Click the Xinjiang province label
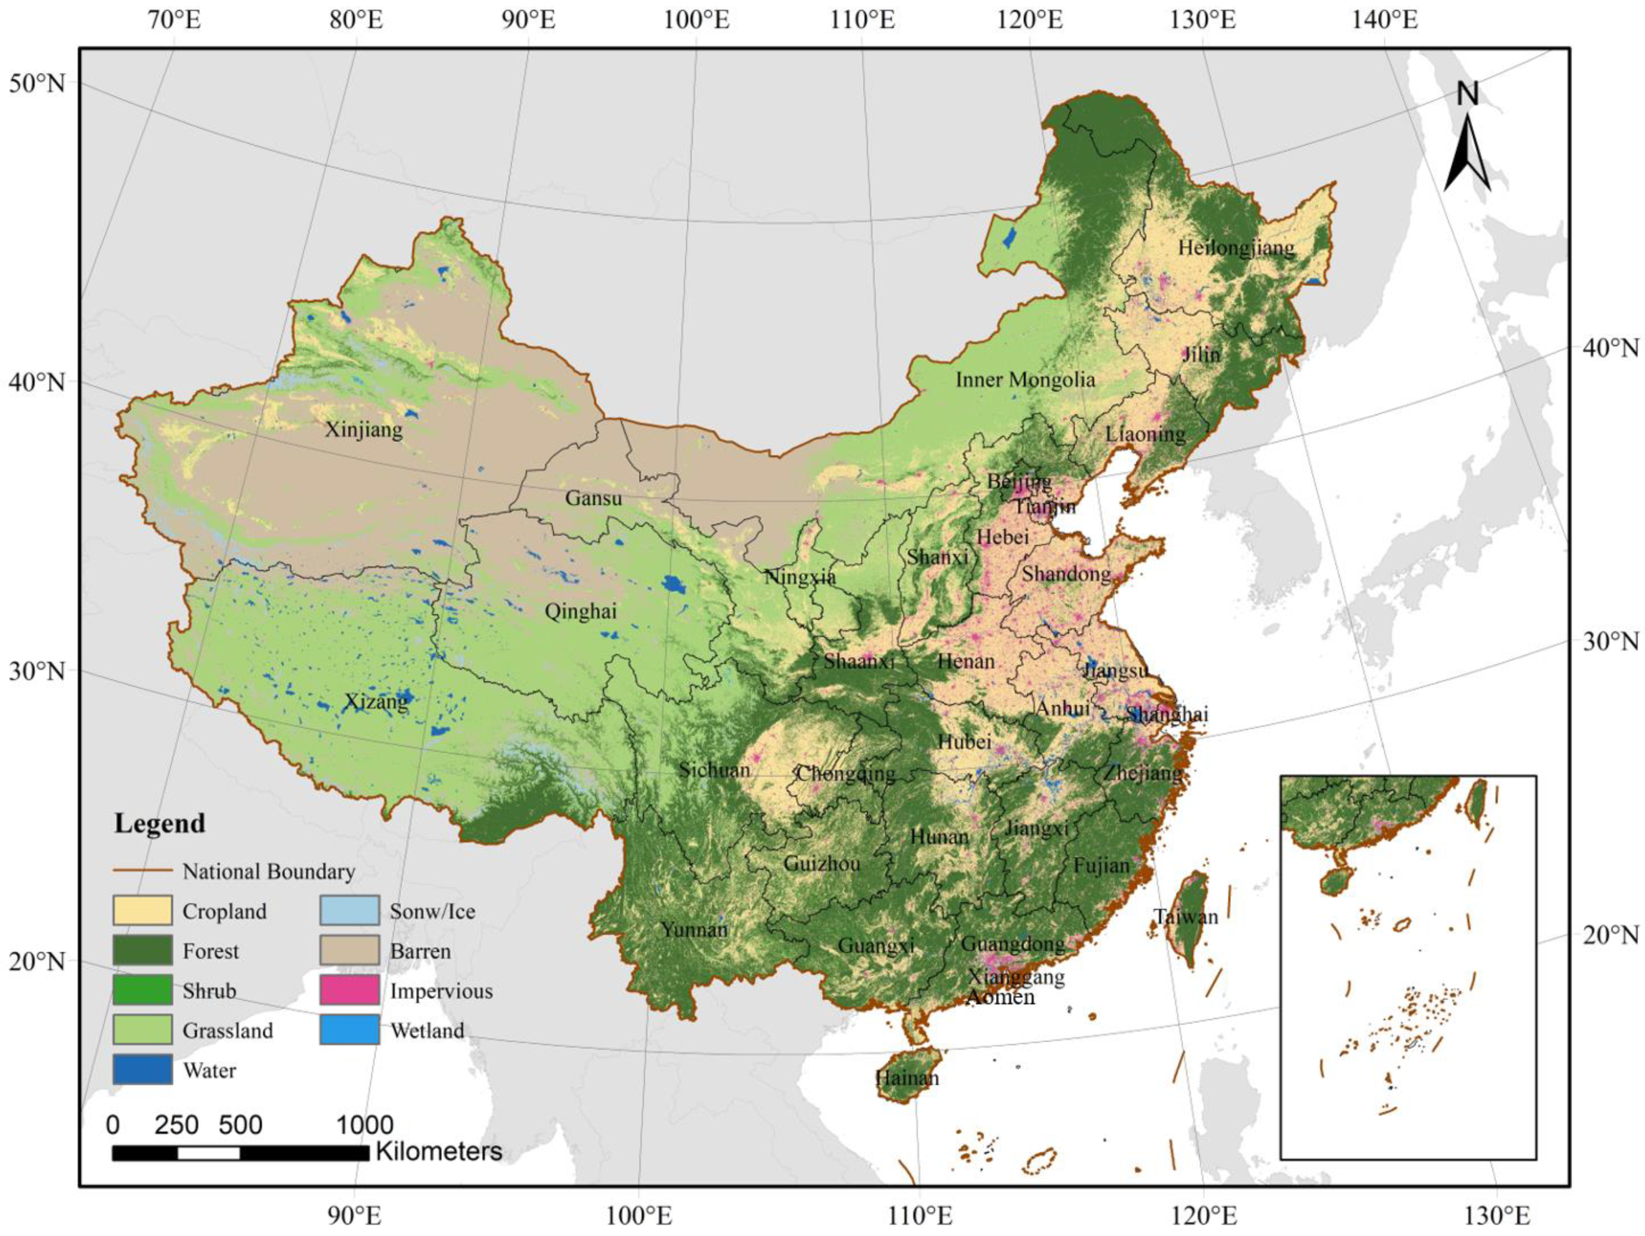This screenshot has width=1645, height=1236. coord(364,430)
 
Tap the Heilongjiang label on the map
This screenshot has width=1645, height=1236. coord(1236,248)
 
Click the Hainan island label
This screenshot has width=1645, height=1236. coord(907,1078)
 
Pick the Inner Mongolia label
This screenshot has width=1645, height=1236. coord(1025,380)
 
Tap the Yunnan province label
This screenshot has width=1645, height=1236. coord(694,930)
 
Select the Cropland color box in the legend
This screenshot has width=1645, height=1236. coord(142,910)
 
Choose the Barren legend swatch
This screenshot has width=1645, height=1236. coord(350,951)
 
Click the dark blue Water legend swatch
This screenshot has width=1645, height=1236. coord(142,1069)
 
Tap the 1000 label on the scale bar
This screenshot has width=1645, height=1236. coord(364,1125)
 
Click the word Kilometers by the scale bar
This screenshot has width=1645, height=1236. coord(439,1151)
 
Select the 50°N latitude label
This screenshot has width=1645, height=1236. coord(37,83)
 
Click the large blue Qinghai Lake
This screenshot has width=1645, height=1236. coord(674,584)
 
